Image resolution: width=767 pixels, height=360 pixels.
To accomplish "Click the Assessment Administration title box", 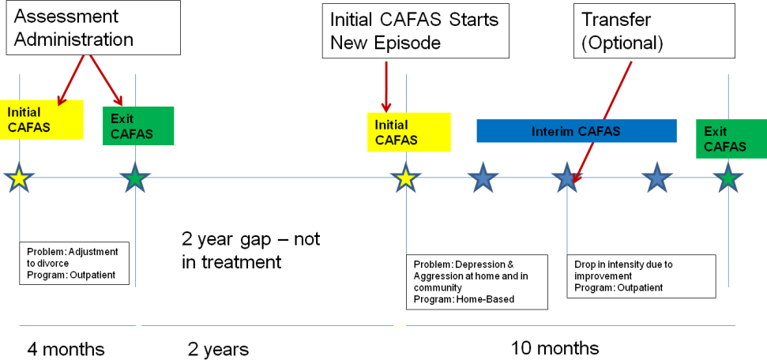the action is pos(93,28).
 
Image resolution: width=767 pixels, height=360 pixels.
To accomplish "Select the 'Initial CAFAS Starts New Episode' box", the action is pos(415,32).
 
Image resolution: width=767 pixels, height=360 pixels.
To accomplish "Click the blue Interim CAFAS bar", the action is pos(577,131).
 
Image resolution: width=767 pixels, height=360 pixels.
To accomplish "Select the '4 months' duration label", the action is pos(66,349).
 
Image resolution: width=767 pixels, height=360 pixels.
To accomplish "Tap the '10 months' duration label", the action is pos(555,348).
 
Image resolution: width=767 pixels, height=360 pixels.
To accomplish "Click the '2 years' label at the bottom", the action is pos(218,350).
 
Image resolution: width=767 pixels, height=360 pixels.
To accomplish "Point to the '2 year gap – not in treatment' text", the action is pos(251,251).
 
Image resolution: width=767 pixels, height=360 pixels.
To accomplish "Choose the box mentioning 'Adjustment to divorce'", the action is pos(74,263).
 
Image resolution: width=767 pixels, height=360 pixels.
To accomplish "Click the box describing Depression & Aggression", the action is pos(477,282).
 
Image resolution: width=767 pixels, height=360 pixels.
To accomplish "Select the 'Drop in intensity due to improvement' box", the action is pos(641,276).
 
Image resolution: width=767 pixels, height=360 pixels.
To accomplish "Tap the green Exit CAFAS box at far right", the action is pos(731,139).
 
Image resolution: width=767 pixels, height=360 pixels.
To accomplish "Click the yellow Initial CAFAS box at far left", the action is pos(42,119).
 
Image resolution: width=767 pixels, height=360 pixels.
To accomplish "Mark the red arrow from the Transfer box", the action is pos(602,122).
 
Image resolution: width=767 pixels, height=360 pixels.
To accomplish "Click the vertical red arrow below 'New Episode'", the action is pos(386,86).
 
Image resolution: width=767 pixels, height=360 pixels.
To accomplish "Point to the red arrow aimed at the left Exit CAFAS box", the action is pos(105,80).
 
